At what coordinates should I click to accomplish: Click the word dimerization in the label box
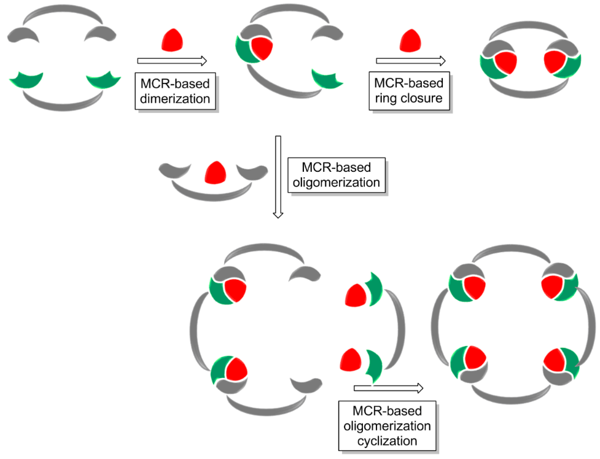click(x=175, y=97)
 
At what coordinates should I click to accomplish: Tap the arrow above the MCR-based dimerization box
click(x=171, y=60)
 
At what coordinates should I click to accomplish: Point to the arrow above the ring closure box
click(x=410, y=60)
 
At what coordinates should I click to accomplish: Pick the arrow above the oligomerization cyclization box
click(x=388, y=388)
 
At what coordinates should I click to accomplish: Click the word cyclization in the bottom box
click(x=387, y=441)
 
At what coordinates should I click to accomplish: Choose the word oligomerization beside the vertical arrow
click(x=336, y=183)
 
